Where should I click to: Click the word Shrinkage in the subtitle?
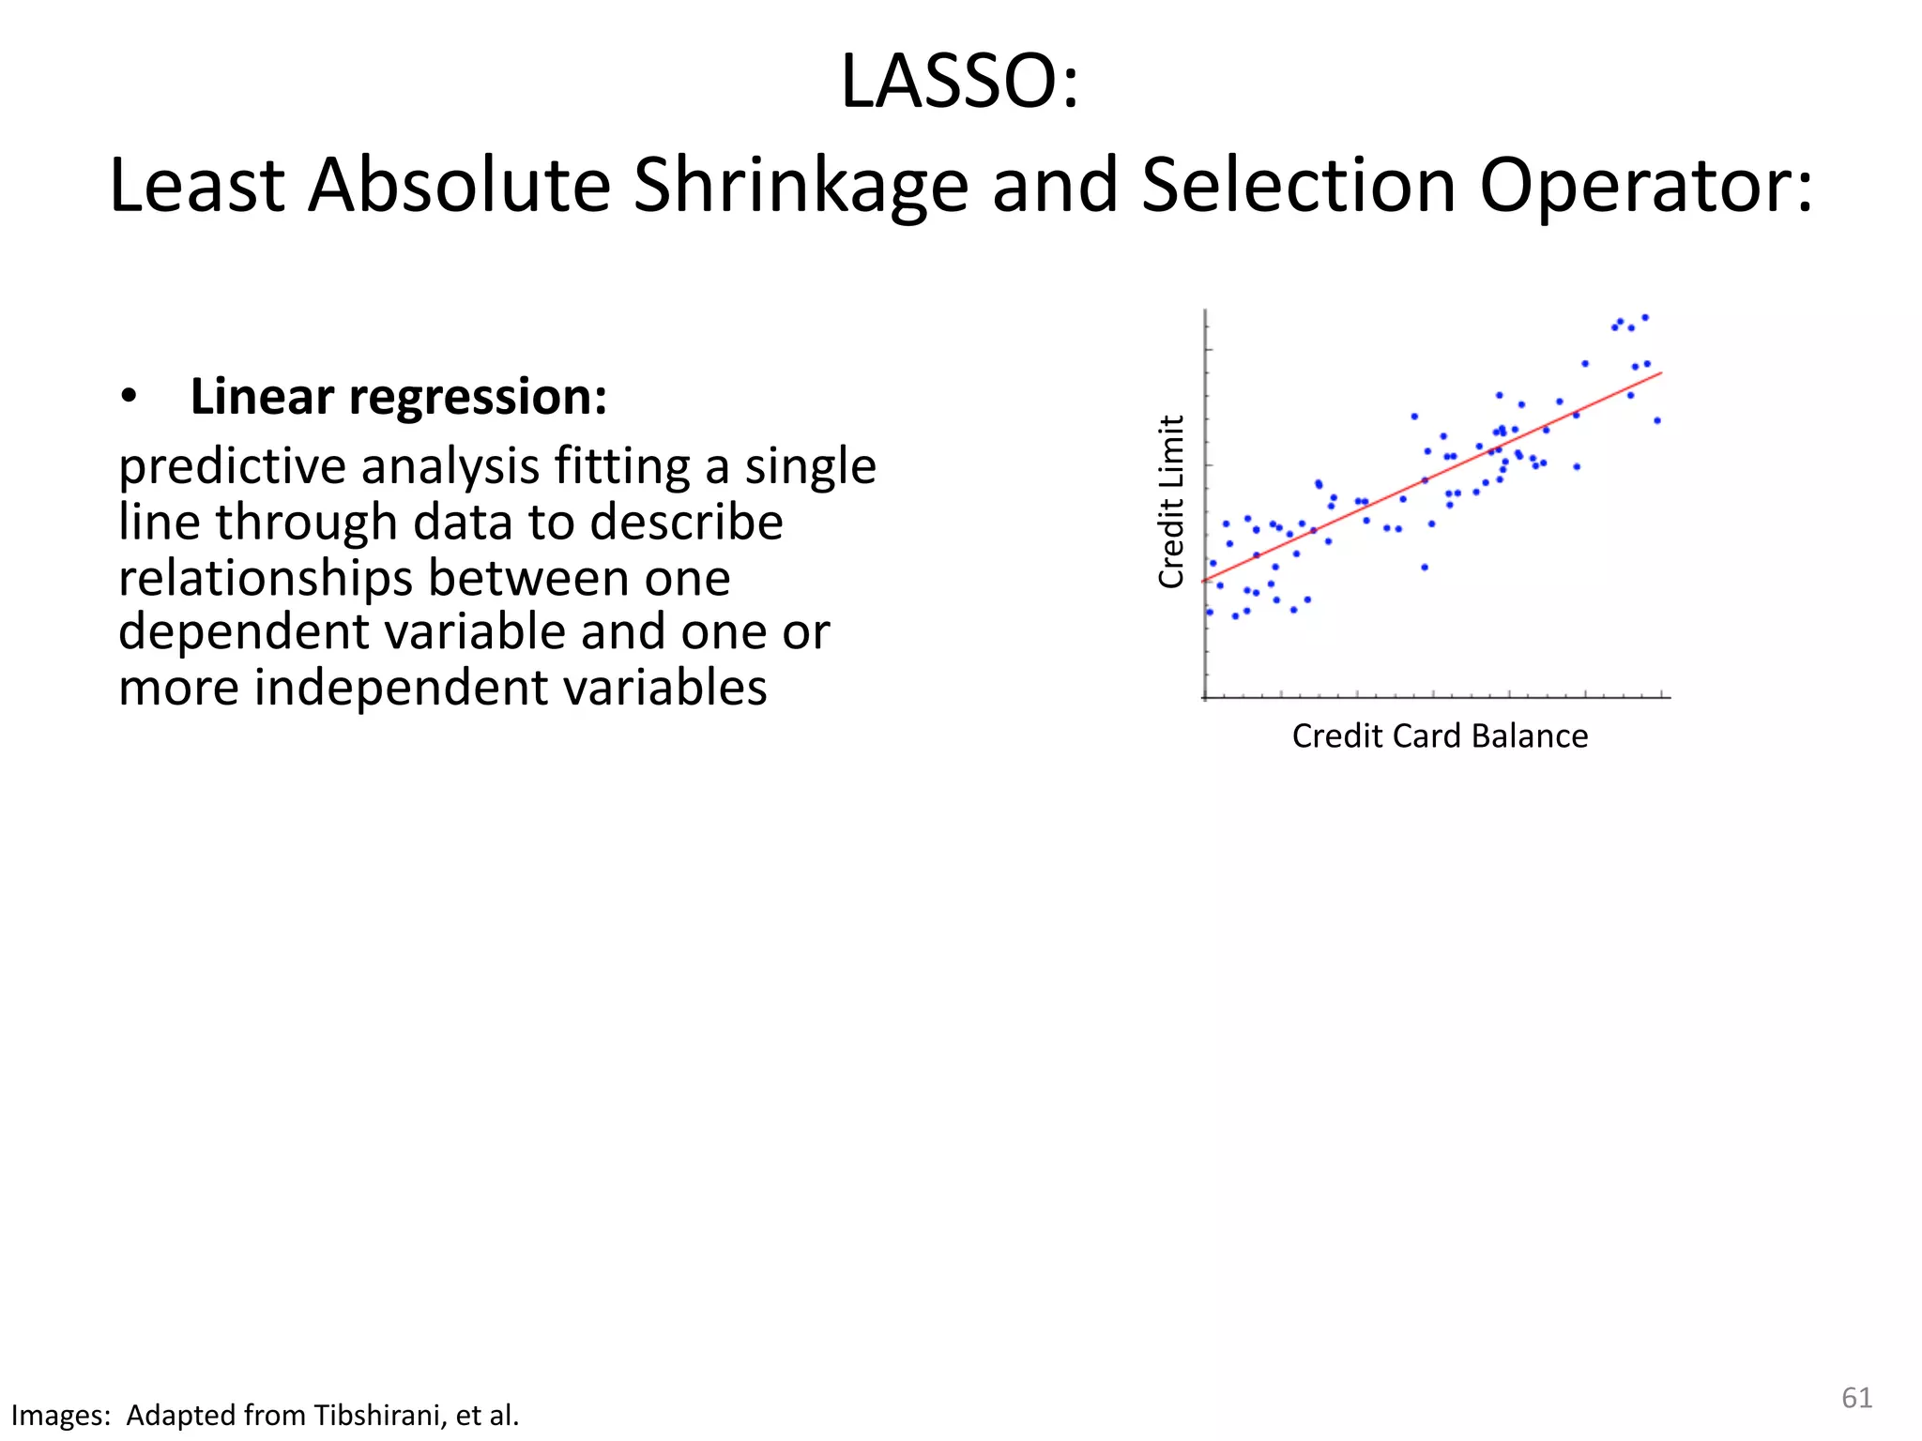point(801,186)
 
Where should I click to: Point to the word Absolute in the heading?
point(459,186)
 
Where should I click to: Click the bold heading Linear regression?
point(398,397)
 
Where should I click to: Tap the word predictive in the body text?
point(230,467)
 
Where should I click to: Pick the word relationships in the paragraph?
point(265,578)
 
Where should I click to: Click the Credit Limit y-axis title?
point(1171,502)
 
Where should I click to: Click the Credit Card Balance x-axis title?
point(1439,736)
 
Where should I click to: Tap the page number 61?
point(1856,1398)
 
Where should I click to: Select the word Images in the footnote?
point(59,1415)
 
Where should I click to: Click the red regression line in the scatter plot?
point(1431,478)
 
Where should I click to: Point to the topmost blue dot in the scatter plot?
point(1644,317)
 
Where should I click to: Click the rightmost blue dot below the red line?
point(1656,420)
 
